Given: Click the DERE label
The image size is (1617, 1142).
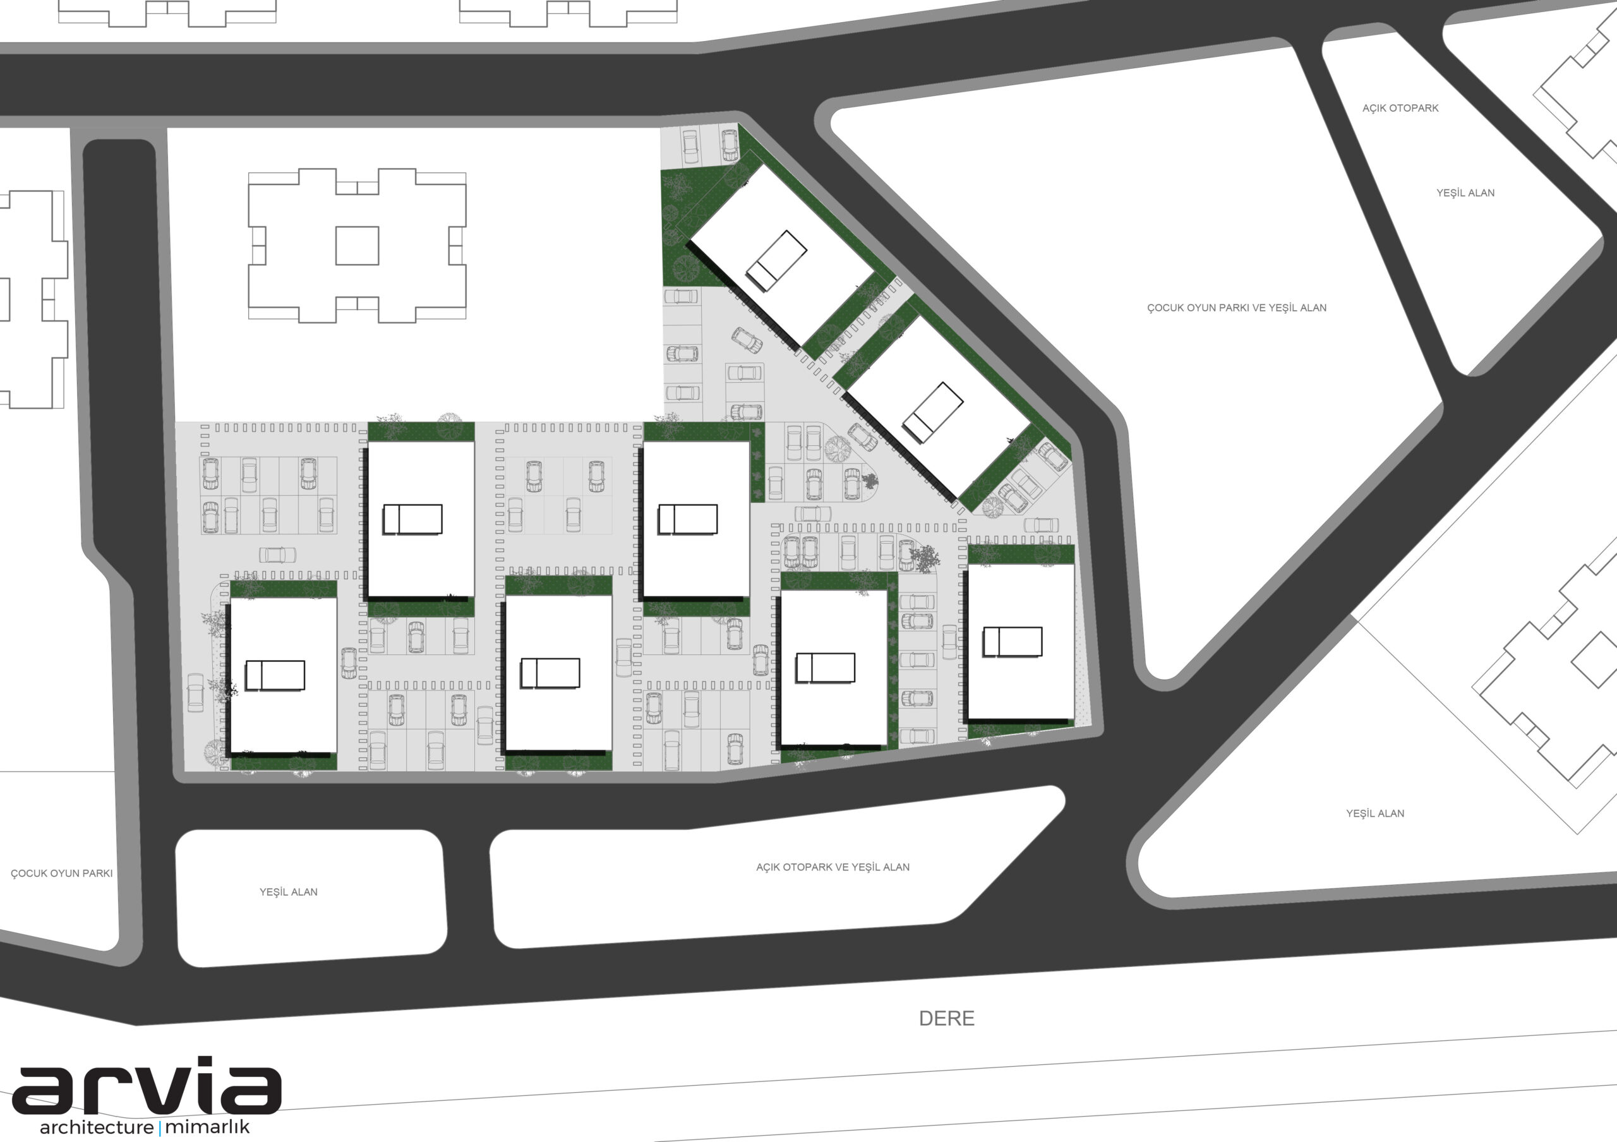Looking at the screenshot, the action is (x=947, y=1018).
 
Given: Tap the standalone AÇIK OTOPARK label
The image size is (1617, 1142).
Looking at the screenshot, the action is (x=1400, y=108).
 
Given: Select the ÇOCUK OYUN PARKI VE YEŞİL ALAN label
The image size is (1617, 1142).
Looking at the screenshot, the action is (x=1237, y=308).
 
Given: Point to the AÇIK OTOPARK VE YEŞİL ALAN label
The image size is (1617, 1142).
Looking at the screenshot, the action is (x=833, y=867).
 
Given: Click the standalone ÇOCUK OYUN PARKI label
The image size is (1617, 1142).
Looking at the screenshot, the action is (x=61, y=873).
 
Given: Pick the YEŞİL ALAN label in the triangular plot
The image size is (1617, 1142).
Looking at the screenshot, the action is (x=1374, y=813).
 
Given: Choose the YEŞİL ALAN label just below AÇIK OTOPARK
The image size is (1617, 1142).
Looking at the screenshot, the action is (x=1465, y=192).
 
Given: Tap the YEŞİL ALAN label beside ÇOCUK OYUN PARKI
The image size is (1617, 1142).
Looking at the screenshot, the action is (x=288, y=891).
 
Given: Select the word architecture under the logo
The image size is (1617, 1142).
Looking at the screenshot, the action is (x=97, y=1127).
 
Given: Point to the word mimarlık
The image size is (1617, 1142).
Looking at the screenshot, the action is (x=207, y=1127).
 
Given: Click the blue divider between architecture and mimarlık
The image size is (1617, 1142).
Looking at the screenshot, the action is (x=160, y=1127).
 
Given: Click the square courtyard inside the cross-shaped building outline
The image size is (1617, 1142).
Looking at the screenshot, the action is (x=357, y=246).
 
